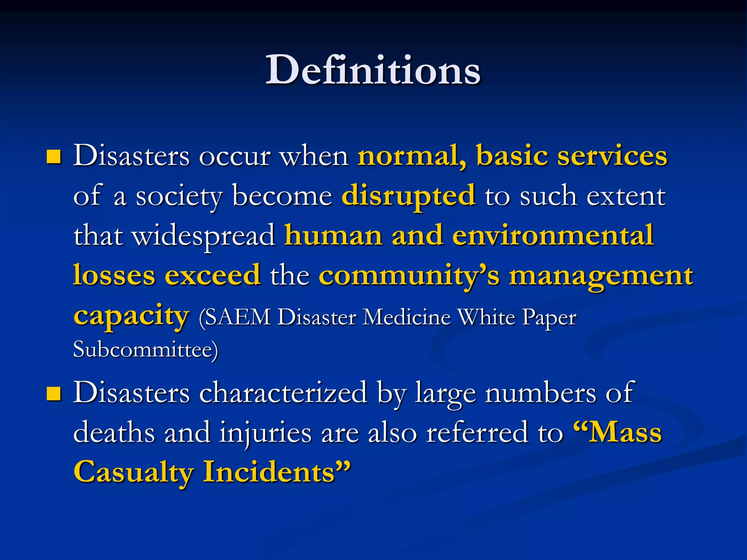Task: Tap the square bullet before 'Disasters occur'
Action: [54, 157]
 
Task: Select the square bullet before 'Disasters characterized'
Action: [54, 394]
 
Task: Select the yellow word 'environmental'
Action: [553, 236]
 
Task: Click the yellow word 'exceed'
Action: [213, 275]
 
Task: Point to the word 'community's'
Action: [409, 276]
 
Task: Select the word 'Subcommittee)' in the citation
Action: [146, 349]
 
